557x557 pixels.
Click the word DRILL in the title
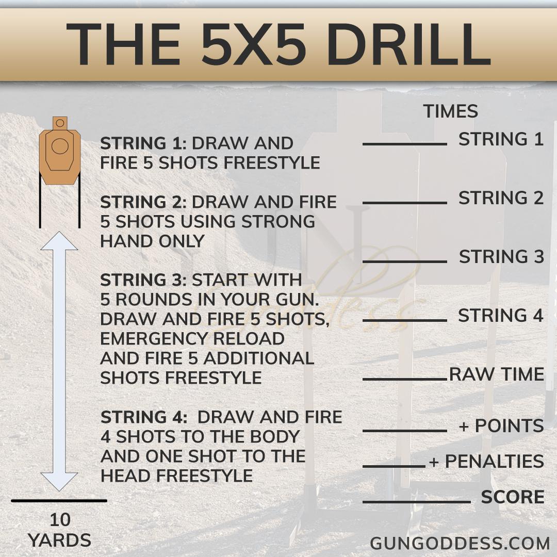(x=408, y=45)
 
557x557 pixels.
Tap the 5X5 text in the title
(x=253, y=45)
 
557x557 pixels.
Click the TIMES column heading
(x=450, y=111)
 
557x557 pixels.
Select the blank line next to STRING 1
(x=405, y=144)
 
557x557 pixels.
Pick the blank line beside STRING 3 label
(x=405, y=262)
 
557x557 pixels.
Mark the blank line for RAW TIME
(x=405, y=380)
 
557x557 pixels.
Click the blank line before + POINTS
(x=405, y=431)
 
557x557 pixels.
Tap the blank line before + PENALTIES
(x=394, y=466)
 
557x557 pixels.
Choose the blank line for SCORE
(x=417, y=502)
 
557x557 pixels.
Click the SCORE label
(x=513, y=497)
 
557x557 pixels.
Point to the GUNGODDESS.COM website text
(x=460, y=544)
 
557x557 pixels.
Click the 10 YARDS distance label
(x=60, y=530)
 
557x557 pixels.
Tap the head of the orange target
(x=60, y=123)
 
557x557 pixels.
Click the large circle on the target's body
(x=60, y=146)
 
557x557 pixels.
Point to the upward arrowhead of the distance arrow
(x=59, y=241)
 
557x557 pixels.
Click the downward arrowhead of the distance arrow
(x=59, y=482)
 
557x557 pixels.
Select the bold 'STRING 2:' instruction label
(x=143, y=202)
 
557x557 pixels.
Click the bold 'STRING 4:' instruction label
(x=144, y=417)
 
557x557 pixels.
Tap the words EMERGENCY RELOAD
(x=192, y=338)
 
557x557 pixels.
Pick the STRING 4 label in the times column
(x=500, y=316)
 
